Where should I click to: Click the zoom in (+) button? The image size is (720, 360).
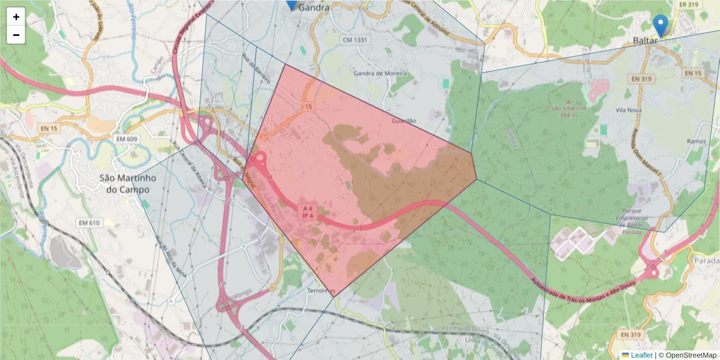point(16,17)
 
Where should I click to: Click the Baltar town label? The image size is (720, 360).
point(646,41)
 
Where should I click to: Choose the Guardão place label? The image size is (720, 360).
point(403,121)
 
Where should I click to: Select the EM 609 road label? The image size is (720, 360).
point(127,139)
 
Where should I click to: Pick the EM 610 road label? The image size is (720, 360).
point(88,223)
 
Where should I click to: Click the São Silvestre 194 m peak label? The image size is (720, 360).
point(567,111)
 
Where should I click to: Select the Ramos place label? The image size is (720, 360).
point(697,141)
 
